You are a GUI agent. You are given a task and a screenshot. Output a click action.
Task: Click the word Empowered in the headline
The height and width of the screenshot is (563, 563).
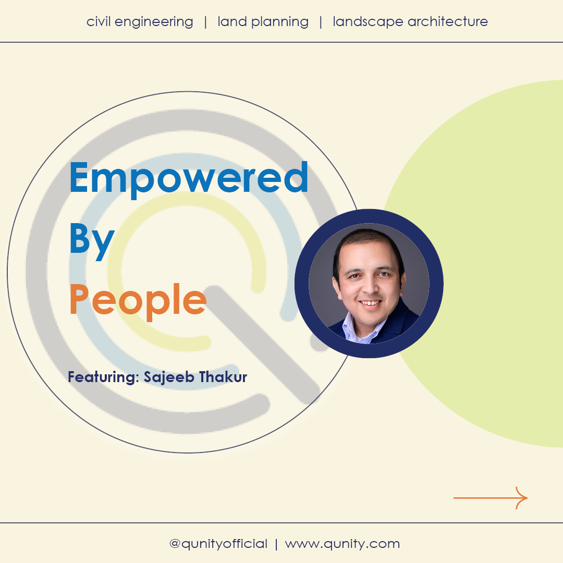[189, 179]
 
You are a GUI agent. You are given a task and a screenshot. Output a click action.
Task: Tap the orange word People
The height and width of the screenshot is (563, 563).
[138, 301]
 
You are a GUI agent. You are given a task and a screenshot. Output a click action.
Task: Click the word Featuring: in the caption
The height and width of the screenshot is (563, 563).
[103, 377]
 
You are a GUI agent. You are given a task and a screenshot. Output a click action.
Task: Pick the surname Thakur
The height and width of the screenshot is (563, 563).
[223, 377]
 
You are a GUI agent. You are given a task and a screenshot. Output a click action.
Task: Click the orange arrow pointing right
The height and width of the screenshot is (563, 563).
[491, 498]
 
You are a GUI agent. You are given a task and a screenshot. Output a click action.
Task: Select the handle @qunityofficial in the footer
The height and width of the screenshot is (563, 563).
[218, 544]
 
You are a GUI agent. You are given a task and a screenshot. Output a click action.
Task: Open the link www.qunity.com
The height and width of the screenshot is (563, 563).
[342, 544]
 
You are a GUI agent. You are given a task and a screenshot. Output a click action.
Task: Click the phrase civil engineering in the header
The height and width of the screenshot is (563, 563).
[140, 22]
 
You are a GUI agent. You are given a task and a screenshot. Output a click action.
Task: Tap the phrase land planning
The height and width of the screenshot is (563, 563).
[263, 22]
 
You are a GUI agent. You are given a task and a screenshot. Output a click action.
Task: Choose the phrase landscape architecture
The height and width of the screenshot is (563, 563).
[410, 22]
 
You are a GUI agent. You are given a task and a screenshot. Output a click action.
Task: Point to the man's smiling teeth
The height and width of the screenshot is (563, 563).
[370, 303]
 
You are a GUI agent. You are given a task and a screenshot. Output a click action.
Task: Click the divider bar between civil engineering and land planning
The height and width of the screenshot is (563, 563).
[205, 22]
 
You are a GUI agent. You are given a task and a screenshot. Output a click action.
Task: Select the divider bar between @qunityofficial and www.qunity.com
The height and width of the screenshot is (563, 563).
[276, 544]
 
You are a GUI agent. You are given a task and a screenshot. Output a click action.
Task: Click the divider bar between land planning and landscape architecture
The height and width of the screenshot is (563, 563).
[321, 22]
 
